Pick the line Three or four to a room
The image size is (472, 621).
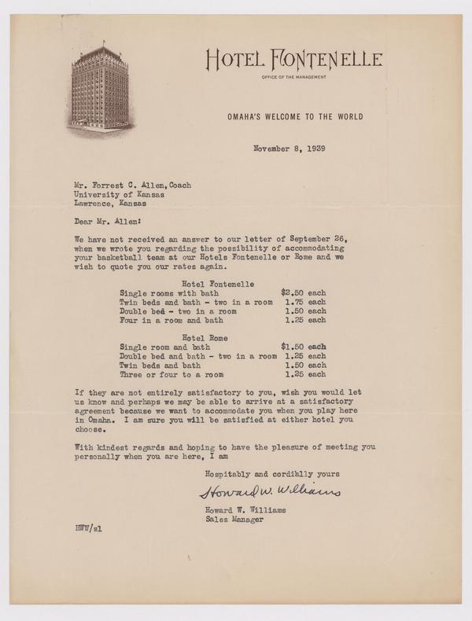(171, 375)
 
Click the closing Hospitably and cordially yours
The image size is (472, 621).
(271, 473)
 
